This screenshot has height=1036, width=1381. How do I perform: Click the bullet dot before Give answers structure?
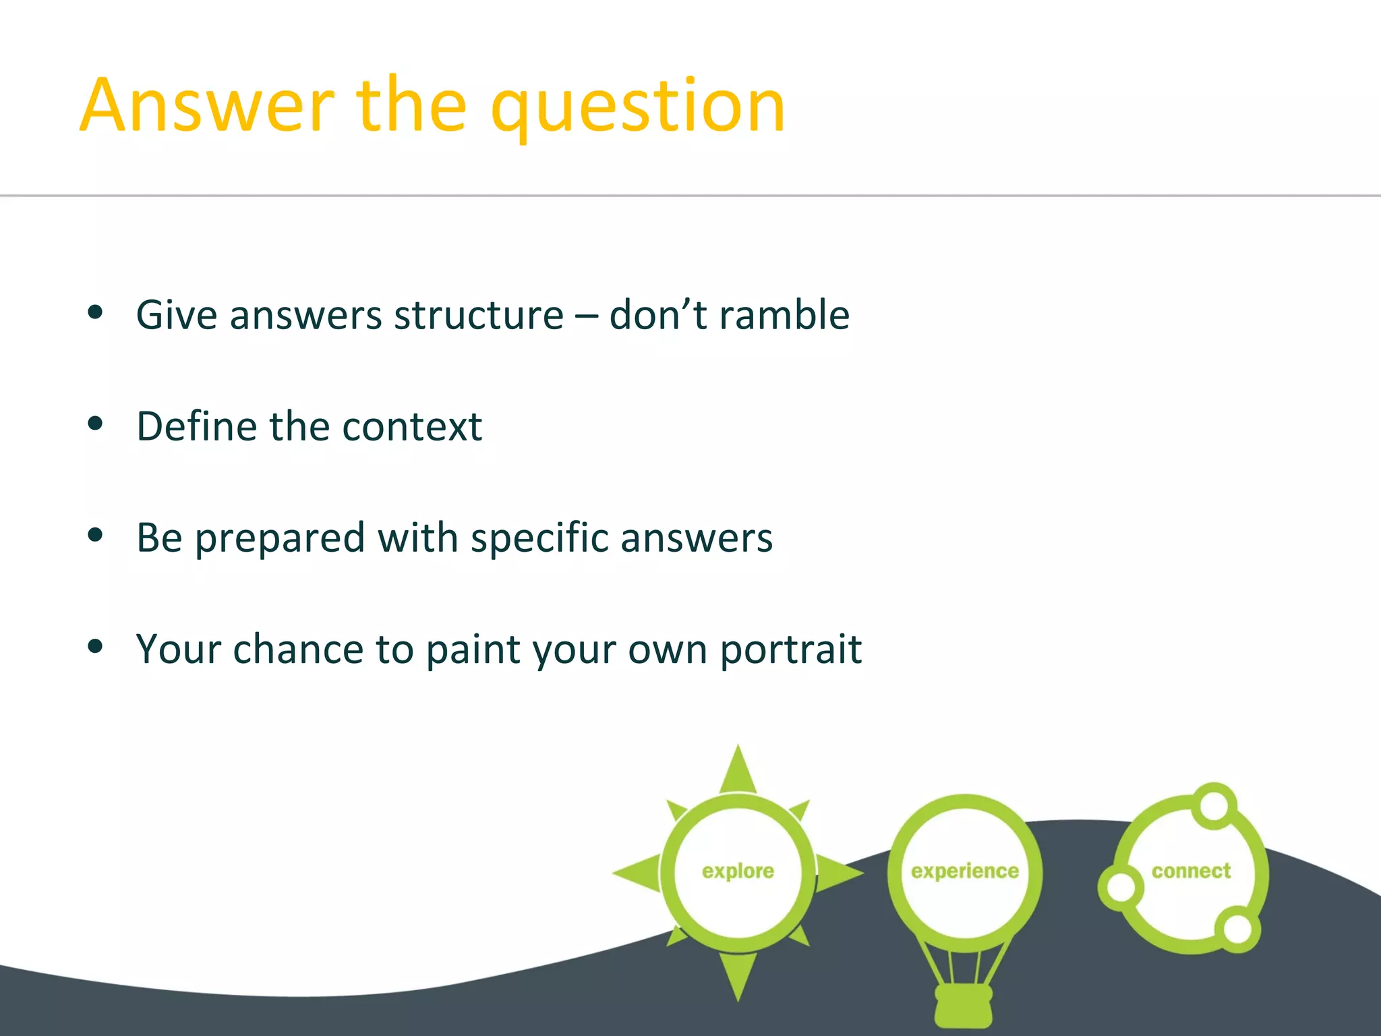[95, 312]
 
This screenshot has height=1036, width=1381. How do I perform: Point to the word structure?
[479, 316]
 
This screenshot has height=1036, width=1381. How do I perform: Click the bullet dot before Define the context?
[95, 424]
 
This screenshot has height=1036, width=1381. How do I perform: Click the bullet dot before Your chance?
[95, 647]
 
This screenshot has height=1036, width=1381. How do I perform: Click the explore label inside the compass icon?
[738, 871]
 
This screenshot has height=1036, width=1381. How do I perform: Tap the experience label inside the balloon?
[964, 871]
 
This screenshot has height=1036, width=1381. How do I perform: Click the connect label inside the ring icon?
[1191, 871]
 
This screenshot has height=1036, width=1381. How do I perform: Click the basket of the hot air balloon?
[964, 1005]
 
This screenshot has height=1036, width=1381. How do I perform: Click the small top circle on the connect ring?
[1214, 805]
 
